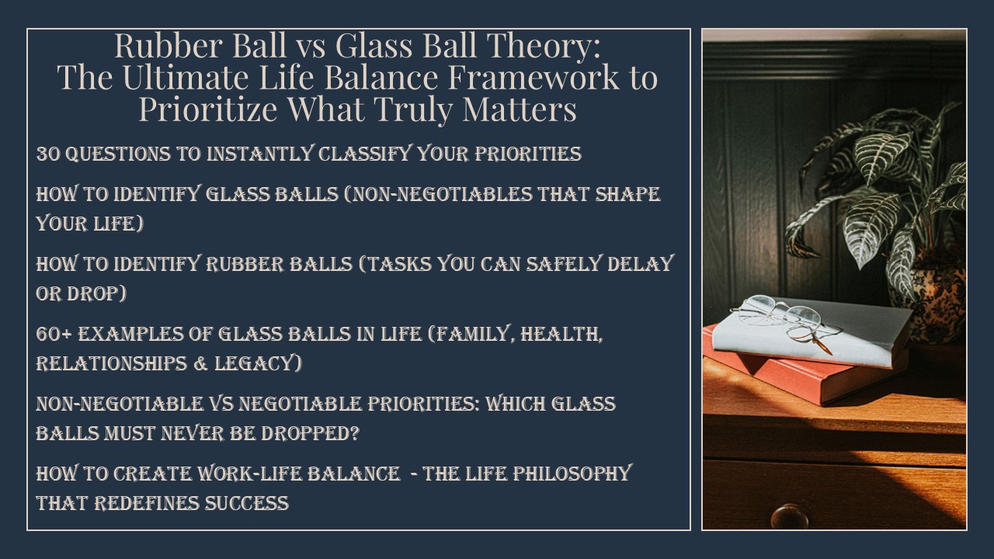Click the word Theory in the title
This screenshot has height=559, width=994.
click(544, 47)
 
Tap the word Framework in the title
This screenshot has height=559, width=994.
click(533, 78)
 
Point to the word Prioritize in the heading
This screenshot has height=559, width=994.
click(208, 109)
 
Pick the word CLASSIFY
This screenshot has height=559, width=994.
click(365, 154)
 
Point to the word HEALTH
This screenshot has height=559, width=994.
click(561, 334)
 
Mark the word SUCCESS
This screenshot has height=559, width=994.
click(246, 503)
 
